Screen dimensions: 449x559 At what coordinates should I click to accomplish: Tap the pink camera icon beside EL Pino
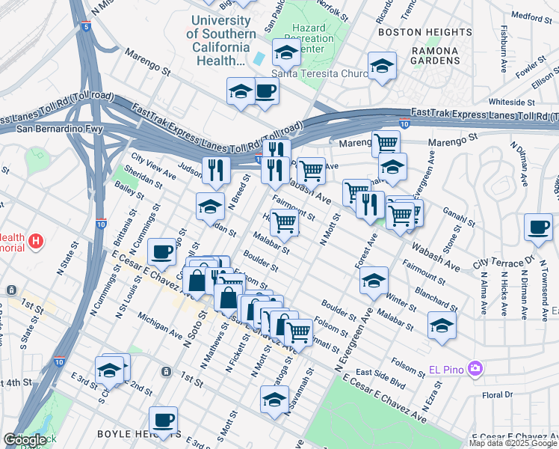click(x=474, y=368)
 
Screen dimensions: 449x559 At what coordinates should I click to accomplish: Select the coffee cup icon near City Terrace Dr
click(x=538, y=227)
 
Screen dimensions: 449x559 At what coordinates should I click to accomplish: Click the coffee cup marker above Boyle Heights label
click(x=163, y=421)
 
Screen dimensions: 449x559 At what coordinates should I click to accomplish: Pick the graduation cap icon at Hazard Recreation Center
click(x=286, y=52)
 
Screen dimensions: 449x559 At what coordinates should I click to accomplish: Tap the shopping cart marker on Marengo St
click(x=386, y=142)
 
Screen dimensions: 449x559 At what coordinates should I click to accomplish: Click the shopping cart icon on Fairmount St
click(x=284, y=222)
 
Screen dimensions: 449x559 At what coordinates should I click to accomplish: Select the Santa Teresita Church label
click(x=321, y=73)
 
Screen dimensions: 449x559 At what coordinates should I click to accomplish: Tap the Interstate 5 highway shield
click(x=87, y=27)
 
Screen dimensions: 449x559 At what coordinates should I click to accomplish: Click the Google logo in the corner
click(x=25, y=440)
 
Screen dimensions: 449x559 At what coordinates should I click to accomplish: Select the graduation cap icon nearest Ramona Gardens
click(x=382, y=66)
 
